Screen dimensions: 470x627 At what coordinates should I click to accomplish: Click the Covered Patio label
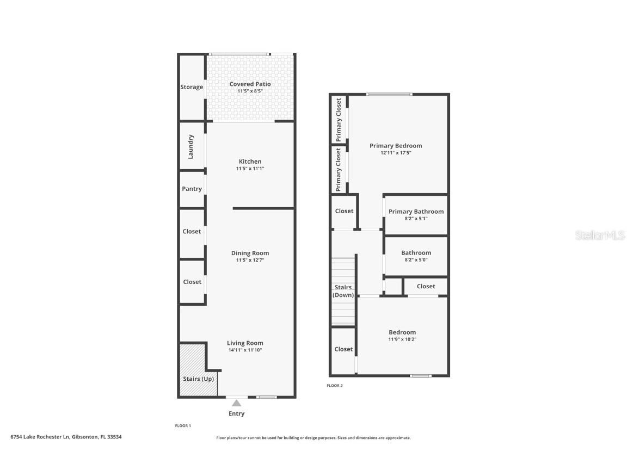coord(250,84)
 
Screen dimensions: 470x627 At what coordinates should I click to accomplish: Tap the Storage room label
coord(192,87)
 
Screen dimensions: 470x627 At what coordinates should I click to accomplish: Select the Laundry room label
coord(191,146)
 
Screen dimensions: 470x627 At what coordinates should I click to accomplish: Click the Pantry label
coord(192,189)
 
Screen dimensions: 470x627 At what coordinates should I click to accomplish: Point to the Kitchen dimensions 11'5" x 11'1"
coord(250,169)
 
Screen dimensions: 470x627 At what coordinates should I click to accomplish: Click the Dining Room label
coord(250,253)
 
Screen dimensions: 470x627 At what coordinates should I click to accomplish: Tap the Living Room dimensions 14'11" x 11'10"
coord(245,350)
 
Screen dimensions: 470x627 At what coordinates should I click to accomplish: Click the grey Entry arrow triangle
coord(236,403)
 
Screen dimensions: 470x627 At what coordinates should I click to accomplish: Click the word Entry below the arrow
coord(236,413)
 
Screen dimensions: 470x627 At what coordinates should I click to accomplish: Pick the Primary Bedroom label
coord(396,146)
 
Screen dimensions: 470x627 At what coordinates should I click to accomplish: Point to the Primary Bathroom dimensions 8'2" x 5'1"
coord(416,219)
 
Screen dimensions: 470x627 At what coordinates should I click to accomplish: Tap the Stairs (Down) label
coord(343,291)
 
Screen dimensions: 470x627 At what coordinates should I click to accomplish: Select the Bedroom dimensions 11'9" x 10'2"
coord(402,339)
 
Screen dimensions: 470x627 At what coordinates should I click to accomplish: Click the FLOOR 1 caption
coord(182,425)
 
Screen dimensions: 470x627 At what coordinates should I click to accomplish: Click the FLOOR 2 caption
coord(335,386)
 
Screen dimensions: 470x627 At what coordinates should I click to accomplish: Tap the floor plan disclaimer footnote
coord(313,437)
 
